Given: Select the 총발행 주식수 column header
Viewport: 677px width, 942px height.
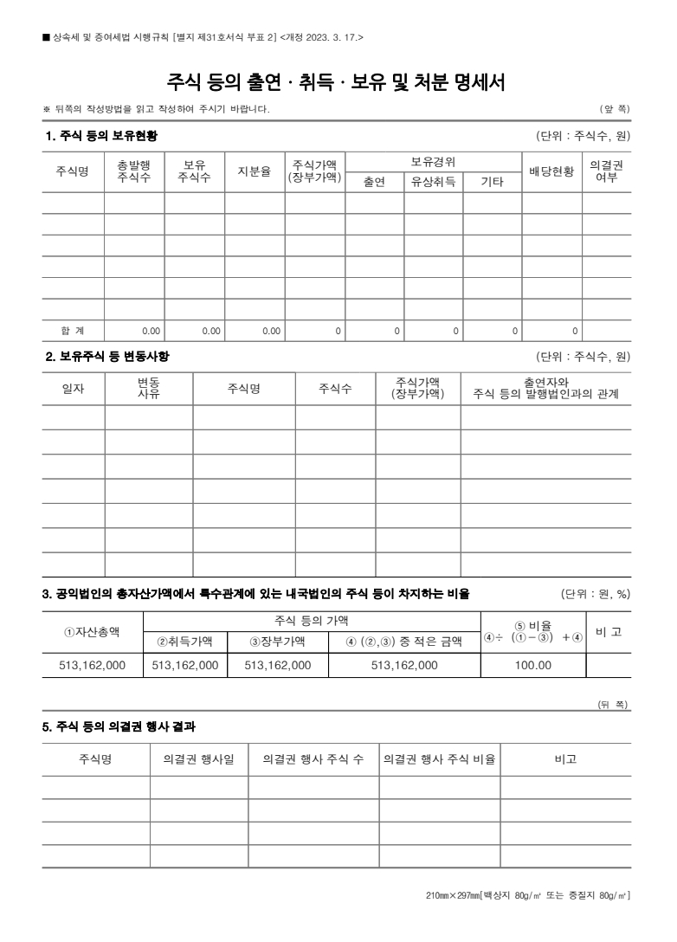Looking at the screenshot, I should click(x=134, y=171).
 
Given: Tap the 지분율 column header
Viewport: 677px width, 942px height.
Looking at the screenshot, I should click(x=255, y=171).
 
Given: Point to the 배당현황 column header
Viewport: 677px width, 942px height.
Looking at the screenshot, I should click(x=551, y=171).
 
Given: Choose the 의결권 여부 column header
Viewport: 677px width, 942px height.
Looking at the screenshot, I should click(x=606, y=171).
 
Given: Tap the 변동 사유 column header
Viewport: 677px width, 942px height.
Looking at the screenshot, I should click(x=148, y=389).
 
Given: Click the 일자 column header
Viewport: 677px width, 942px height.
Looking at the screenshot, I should click(x=73, y=389).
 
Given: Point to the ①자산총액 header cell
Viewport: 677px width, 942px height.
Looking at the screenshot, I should click(x=92, y=631).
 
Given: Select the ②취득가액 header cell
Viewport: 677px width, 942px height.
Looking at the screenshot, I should click(x=184, y=642).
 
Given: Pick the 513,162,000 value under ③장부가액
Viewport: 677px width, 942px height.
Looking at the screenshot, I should click(x=278, y=665).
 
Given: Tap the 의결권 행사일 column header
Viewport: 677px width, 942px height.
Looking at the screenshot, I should click(x=198, y=759).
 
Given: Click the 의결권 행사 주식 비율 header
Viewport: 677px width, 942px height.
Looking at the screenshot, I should click(x=439, y=759).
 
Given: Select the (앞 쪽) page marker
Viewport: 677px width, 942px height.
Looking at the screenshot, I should click(x=615, y=108).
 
